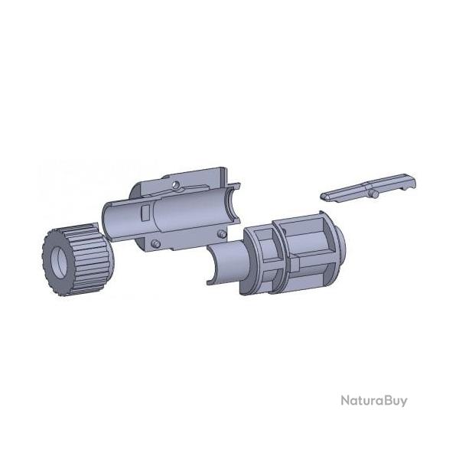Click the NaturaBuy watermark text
click(374, 400)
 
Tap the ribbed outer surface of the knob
click(91, 258)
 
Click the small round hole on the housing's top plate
click(175, 184)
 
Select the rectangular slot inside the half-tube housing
click(145, 212)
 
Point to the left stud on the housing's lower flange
click(156, 243)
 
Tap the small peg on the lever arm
click(374, 194)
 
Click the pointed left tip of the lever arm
click(323, 197)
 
